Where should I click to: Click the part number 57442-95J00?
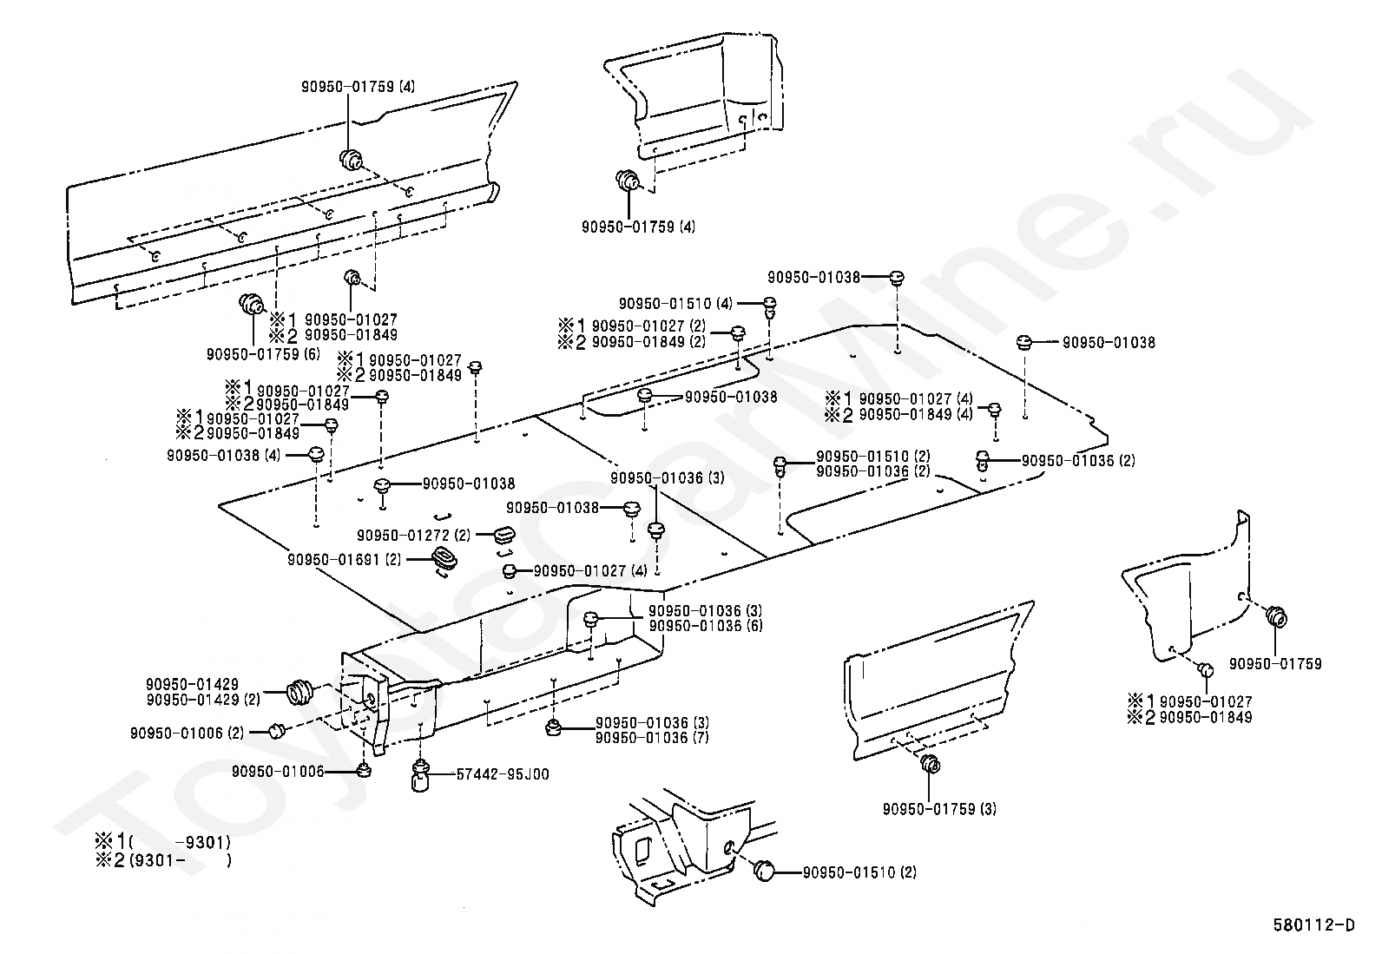coord(503,774)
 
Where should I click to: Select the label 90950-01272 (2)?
coord(413,536)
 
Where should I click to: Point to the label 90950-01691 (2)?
coord(345,561)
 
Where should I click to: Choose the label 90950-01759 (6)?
coord(263,354)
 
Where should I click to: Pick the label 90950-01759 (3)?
coord(939,809)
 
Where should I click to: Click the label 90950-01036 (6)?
coord(706,626)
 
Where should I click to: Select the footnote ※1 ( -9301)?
coord(162,842)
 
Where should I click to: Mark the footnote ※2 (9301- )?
coord(162,861)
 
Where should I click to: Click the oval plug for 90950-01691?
coord(445,560)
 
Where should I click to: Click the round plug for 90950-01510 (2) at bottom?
coord(766,871)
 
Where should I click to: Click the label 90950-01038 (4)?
coord(223,455)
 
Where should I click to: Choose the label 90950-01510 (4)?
coord(676,304)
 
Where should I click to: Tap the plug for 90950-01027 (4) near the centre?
coord(510,570)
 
